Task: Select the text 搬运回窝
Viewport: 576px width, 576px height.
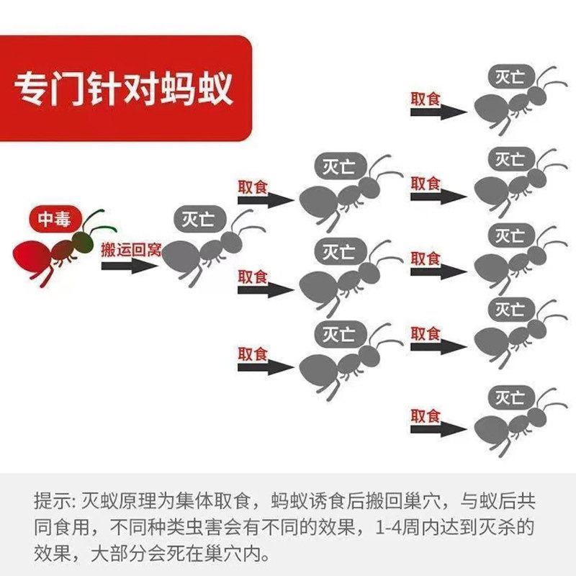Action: point(130,250)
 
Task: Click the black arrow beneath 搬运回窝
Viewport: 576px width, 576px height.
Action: point(129,266)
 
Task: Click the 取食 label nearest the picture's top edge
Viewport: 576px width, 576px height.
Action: point(426,99)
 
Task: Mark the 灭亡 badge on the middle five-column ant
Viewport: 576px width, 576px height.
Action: point(510,235)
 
